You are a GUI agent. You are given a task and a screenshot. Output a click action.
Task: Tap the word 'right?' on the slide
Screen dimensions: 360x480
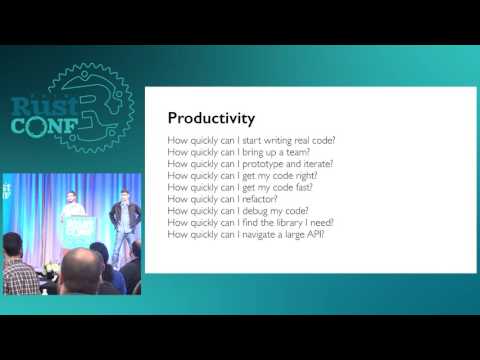tap(306, 174)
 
